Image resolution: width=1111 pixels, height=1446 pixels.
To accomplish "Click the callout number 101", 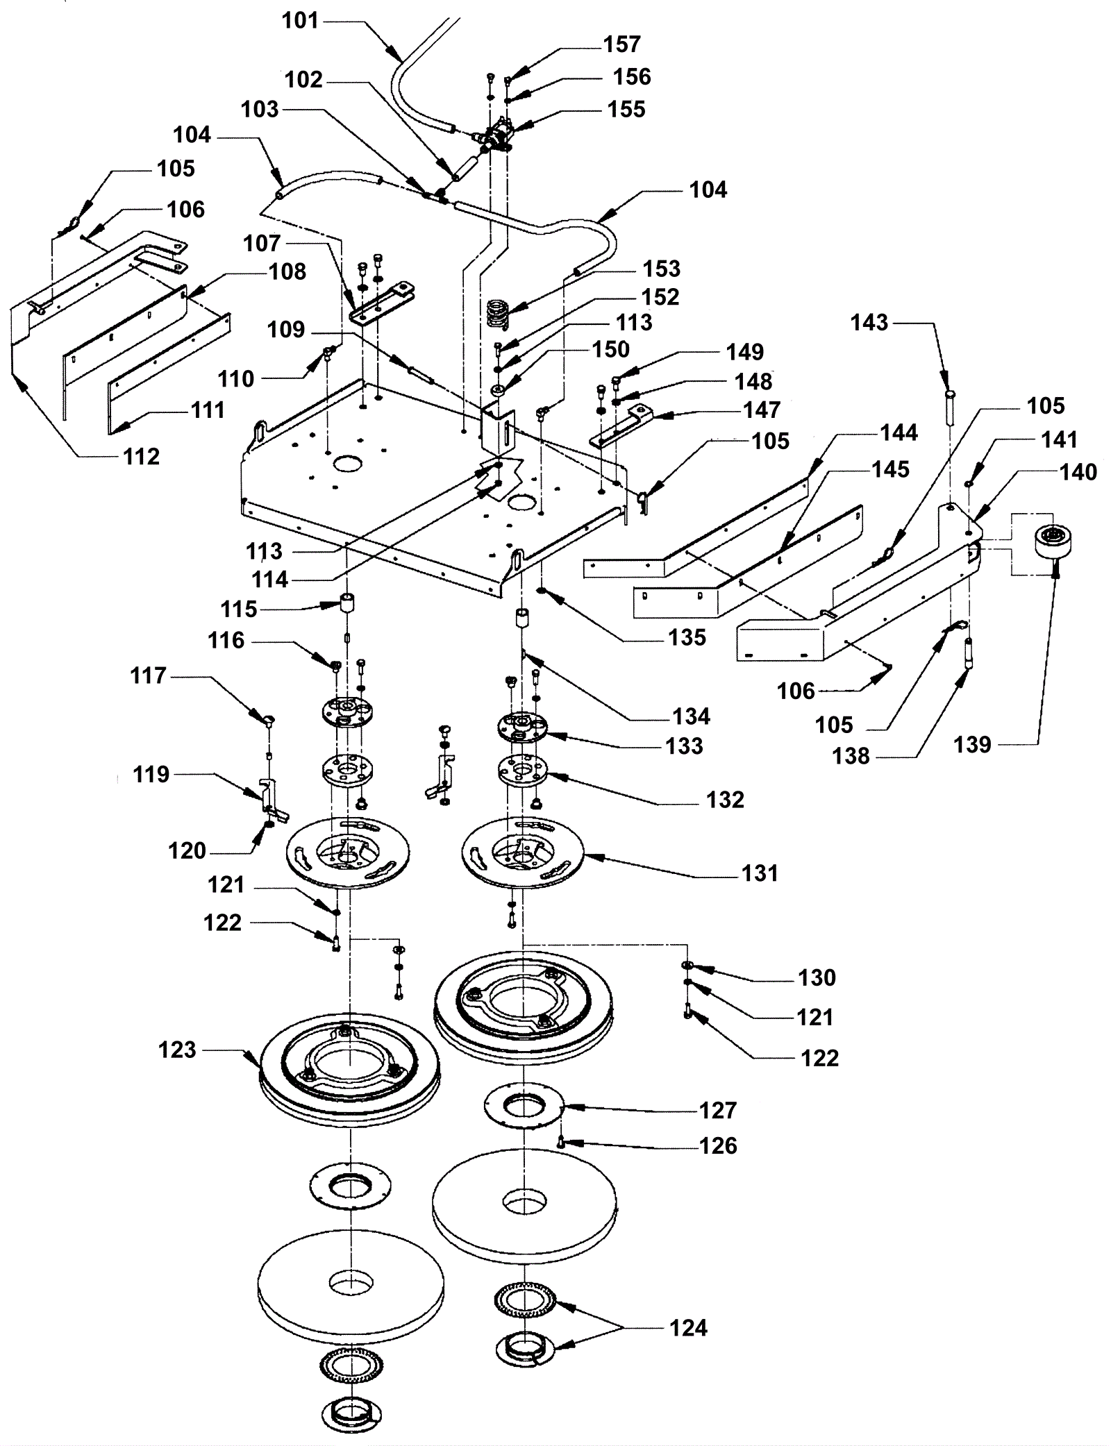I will (x=300, y=21).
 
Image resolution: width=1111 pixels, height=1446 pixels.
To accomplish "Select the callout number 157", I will (x=621, y=44).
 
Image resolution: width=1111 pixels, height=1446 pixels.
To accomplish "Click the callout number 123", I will (x=177, y=1050).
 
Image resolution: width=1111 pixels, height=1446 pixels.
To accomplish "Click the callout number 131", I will (x=760, y=873).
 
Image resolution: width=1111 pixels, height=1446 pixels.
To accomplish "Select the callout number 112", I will (x=141, y=456).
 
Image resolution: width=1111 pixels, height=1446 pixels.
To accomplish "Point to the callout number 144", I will (x=899, y=432).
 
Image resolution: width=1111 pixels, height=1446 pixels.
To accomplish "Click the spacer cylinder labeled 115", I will (x=347, y=600).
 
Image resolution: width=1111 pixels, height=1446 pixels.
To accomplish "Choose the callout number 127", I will (x=717, y=1110).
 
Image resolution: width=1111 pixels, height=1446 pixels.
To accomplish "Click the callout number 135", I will (x=687, y=637).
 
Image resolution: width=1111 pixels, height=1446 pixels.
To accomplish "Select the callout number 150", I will (x=611, y=349).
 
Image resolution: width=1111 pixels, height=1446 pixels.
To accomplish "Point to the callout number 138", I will (x=851, y=755).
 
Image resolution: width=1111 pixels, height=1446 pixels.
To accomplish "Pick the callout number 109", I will (x=286, y=329).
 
